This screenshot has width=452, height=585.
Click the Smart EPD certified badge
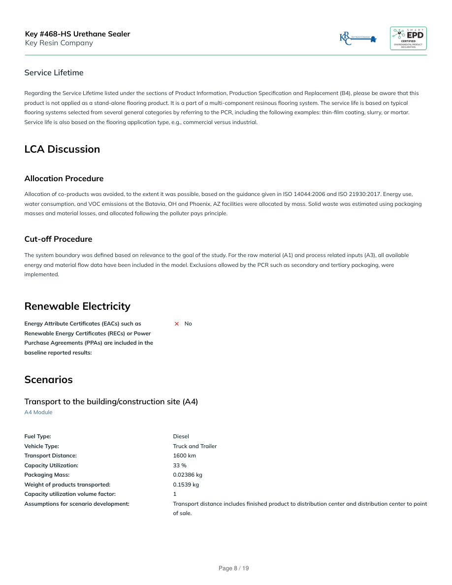408,38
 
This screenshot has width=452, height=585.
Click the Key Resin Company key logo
358,38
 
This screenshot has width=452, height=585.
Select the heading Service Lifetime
54,73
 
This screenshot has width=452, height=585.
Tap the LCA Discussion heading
62,149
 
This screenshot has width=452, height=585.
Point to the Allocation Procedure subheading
64,178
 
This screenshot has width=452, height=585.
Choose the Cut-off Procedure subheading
58,239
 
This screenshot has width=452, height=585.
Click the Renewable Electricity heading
77,306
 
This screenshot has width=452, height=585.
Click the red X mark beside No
176,324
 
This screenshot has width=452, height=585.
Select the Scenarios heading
48,380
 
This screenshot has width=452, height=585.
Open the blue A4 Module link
38,412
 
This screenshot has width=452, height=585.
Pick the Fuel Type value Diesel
181,436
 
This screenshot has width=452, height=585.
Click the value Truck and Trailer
194,446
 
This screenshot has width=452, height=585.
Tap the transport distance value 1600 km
184,455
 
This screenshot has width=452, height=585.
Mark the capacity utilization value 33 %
180,465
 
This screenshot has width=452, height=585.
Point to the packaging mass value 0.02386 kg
188,475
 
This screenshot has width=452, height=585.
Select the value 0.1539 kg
186,485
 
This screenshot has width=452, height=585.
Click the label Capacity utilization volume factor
70,494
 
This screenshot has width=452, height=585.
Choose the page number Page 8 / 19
233,568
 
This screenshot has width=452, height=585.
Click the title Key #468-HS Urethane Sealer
77,34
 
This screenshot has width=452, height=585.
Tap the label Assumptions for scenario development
77,504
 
